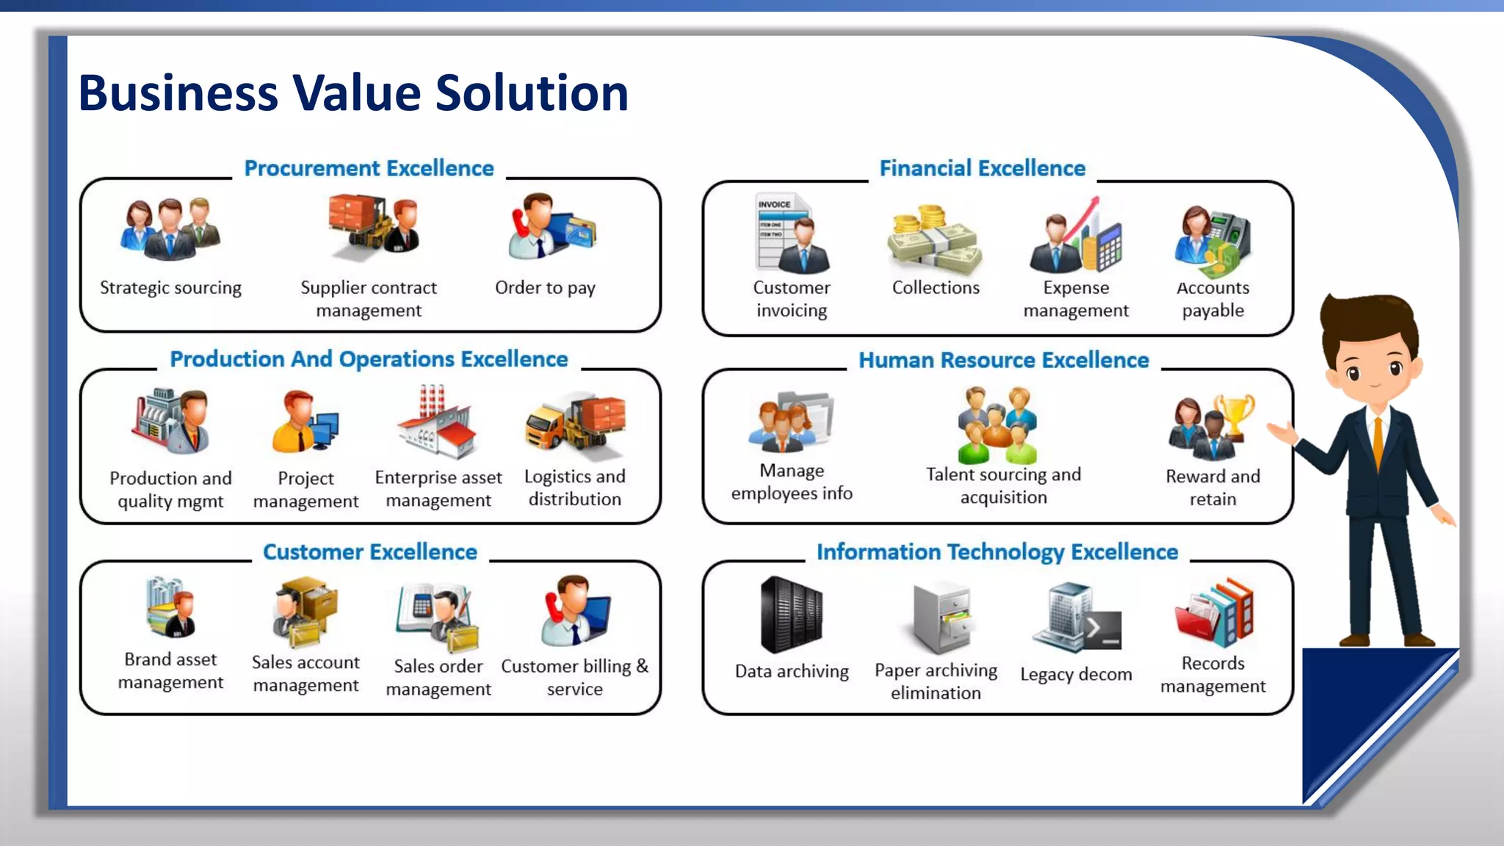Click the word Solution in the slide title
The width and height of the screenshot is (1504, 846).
[x=532, y=93]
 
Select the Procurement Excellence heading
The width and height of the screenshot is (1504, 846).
[x=369, y=168]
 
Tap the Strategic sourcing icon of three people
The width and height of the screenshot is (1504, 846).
[x=170, y=229]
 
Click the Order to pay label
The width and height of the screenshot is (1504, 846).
[x=545, y=288]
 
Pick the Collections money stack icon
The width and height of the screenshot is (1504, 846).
[x=934, y=239]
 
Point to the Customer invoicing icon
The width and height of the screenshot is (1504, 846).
[x=792, y=234]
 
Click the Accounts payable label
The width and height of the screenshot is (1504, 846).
[x=1212, y=299]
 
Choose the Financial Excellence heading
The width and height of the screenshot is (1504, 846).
[x=982, y=168]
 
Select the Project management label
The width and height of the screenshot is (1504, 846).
[x=305, y=489]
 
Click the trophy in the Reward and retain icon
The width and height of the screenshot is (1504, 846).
[x=1235, y=415]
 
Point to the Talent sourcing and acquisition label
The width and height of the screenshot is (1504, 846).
[x=1003, y=485]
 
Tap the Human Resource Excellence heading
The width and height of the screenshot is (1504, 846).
[x=1003, y=360]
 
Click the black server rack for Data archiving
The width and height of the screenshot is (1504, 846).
[x=791, y=615]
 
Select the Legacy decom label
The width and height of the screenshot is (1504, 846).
[x=1076, y=674]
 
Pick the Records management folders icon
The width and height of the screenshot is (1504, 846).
[x=1213, y=613]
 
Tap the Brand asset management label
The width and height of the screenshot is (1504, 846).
[x=170, y=670]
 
